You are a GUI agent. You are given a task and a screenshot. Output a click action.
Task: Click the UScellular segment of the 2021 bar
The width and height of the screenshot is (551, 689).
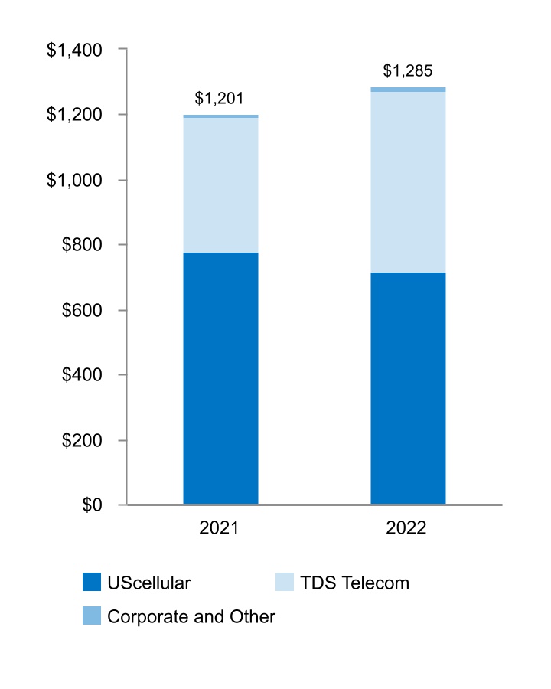pyautogui.click(x=220, y=378)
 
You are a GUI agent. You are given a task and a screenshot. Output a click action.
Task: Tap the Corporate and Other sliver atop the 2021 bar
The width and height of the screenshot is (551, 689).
pyautogui.click(x=220, y=116)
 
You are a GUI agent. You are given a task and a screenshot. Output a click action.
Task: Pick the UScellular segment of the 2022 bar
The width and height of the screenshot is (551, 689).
pyautogui.click(x=408, y=388)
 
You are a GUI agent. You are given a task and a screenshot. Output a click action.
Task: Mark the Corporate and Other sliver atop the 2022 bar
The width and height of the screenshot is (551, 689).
pyautogui.click(x=408, y=90)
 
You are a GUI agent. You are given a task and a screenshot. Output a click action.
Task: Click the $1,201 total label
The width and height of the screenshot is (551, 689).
pyautogui.click(x=220, y=99)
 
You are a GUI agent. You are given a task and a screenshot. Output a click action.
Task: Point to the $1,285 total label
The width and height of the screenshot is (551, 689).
pyautogui.click(x=408, y=71)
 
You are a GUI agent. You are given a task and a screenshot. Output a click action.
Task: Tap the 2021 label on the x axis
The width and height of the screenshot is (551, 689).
pyautogui.click(x=220, y=529)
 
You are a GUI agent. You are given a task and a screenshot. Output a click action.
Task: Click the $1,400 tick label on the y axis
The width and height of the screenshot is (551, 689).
pyautogui.click(x=75, y=50)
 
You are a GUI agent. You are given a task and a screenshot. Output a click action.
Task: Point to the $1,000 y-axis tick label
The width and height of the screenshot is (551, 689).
pyautogui.click(x=75, y=180)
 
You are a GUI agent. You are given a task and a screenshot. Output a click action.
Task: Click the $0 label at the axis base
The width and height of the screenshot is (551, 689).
pyautogui.click(x=92, y=505)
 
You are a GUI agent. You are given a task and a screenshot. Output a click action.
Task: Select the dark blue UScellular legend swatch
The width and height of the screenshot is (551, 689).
pyautogui.click(x=92, y=583)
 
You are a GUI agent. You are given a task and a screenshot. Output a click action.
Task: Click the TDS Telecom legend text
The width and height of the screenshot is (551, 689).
pyautogui.click(x=354, y=583)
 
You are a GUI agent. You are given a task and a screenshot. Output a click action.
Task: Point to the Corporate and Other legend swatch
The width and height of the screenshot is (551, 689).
pyautogui.click(x=92, y=616)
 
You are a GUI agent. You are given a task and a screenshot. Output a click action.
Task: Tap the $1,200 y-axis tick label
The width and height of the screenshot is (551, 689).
pyautogui.click(x=75, y=115)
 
